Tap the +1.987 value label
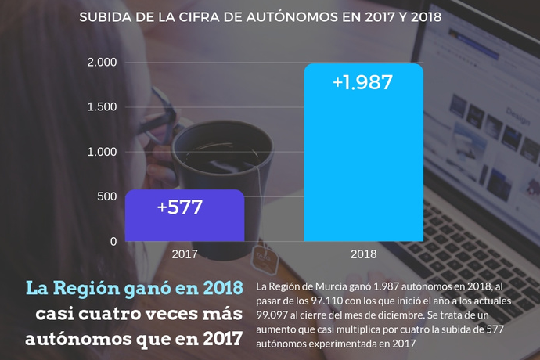(x=362, y=82)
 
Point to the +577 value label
(x=180, y=207)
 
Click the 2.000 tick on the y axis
(x=102, y=63)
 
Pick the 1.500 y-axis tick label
(x=102, y=107)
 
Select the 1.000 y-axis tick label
(x=102, y=152)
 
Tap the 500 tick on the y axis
(x=107, y=197)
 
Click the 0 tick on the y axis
(x=113, y=242)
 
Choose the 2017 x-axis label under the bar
(x=185, y=254)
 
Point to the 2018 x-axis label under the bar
(x=363, y=254)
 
